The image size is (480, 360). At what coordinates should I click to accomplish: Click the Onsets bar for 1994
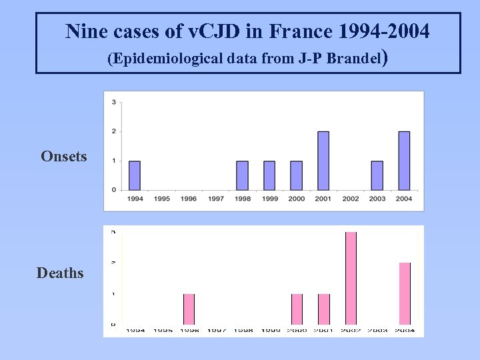tap(135, 175)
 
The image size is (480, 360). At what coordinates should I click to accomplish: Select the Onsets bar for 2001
tap(323, 161)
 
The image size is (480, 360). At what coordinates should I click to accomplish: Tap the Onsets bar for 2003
tap(377, 175)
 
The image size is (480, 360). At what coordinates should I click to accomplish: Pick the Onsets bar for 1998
tap(243, 175)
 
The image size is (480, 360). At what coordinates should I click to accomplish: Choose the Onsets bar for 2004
tap(404, 161)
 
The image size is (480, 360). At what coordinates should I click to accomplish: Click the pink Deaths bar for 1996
tap(189, 309)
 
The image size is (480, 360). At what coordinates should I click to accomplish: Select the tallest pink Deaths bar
tap(351, 278)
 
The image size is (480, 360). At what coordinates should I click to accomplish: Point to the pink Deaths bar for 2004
tap(405, 293)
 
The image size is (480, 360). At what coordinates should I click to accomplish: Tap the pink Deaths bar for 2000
tap(297, 309)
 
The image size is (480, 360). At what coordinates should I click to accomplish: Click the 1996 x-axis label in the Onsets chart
tap(189, 199)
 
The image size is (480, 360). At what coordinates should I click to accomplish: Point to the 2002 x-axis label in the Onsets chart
tap(350, 199)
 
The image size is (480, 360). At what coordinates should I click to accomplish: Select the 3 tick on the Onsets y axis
tap(114, 102)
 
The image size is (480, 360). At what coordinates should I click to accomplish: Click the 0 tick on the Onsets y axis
tap(114, 190)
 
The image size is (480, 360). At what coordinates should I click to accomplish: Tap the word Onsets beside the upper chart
tap(63, 156)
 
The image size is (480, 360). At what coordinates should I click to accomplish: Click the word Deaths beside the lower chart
tap(60, 273)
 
